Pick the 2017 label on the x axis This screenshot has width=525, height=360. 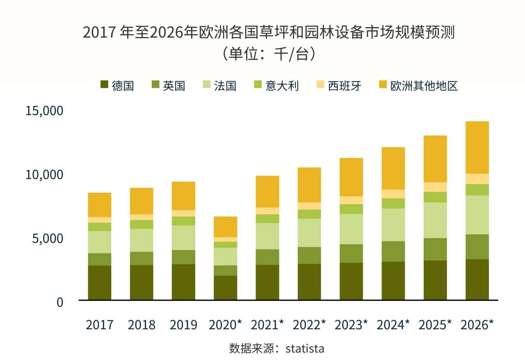(x=100, y=325)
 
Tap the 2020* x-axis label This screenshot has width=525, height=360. (x=225, y=325)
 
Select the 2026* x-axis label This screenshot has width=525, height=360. (x=477, y=325)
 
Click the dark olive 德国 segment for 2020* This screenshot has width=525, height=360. (x=225, y=287)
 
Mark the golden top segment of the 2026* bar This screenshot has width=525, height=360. (x=477, y=147)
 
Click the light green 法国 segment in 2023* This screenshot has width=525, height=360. (x=351, y=229)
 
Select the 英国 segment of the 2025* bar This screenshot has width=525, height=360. (x=435, y=249)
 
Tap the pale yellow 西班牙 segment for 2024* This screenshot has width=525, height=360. (x=393, y=194)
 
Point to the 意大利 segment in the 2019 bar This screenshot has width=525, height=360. (x=183, y=221)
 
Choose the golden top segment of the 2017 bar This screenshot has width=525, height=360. (x=100, y=205)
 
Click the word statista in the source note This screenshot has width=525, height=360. (x=305, y=349)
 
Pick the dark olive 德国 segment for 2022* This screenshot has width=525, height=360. (x=309, y=282)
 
